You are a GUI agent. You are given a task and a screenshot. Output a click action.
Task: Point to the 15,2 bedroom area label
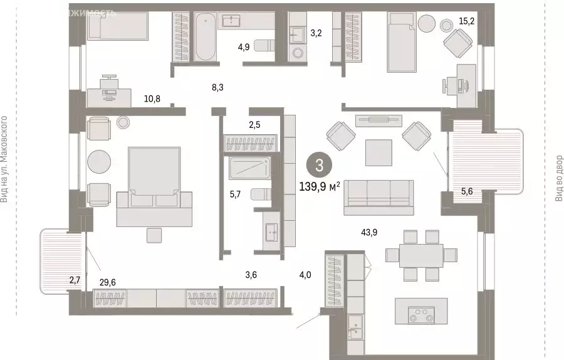(x=466, y=21)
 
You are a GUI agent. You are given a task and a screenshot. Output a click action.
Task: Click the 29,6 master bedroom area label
(x=108, y=283)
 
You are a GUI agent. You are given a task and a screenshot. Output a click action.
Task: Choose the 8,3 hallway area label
(x=217, y=88)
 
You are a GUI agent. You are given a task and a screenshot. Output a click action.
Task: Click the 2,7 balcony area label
(x=74, y=281)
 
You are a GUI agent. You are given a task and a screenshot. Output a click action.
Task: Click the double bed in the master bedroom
(x=154, y=185)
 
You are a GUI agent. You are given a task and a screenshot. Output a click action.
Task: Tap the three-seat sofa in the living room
(x=379, y=193)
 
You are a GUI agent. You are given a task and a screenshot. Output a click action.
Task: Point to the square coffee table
(x=379, y=152)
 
